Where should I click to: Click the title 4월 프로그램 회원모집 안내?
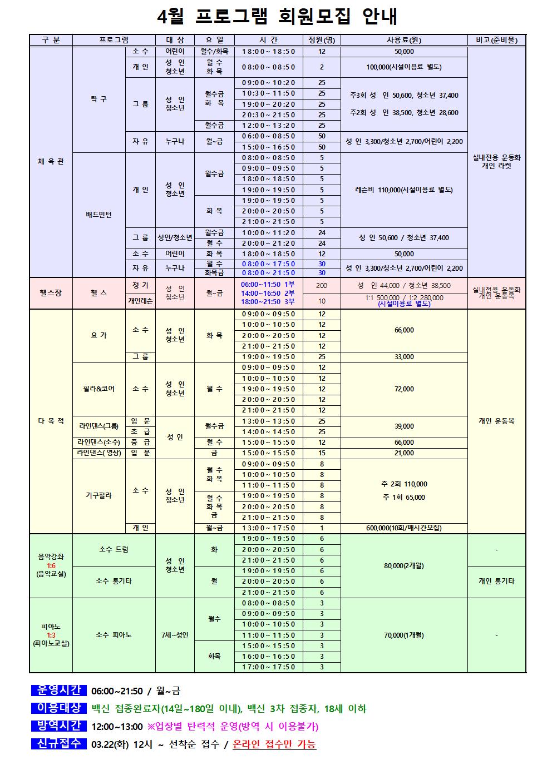point(277,17)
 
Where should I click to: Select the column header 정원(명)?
point(322,40)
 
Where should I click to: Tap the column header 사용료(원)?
point(404,40)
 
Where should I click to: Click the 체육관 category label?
point(51,161)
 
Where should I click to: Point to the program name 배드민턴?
point(98,215)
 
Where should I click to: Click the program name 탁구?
point(98,99)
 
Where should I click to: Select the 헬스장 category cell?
point(51,293)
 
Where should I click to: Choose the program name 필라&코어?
point(98,389)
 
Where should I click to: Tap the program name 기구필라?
point(98,495)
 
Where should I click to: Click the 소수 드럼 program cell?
point(114,549)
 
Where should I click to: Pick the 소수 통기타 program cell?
point(114,581)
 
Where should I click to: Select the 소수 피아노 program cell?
point(114,635)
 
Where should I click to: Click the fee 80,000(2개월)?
point(404,565)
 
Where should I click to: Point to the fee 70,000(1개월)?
point(404,635)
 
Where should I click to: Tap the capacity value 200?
point(322,285)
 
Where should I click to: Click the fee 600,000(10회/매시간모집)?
point(404,528)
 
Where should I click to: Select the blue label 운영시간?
point(59,691)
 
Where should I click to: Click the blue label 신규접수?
point(59,744)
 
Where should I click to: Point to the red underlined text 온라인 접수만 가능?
point(274,744)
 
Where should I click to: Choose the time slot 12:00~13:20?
point(269,126)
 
